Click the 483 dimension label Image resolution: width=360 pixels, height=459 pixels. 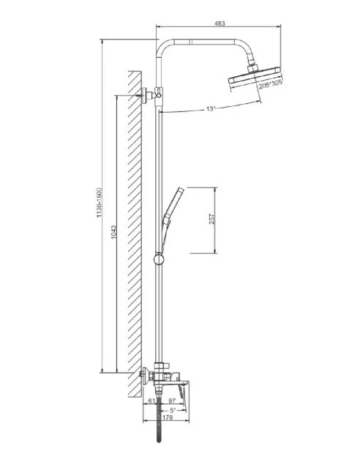coord(220,23)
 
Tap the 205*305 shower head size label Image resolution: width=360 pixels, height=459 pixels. coord(271,84)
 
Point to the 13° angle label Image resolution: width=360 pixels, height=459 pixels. coord(211,108)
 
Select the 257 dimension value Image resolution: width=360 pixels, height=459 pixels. coord(211,219)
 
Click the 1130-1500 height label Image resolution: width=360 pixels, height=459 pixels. coord(100,203)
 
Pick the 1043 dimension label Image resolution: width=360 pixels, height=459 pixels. coord(114,232)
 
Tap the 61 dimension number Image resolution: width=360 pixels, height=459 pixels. coord(151,400)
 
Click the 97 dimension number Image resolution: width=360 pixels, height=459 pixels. coord(172,400)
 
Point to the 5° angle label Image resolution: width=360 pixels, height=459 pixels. coord(173,410)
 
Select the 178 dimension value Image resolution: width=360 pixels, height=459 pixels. coord(167,417)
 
